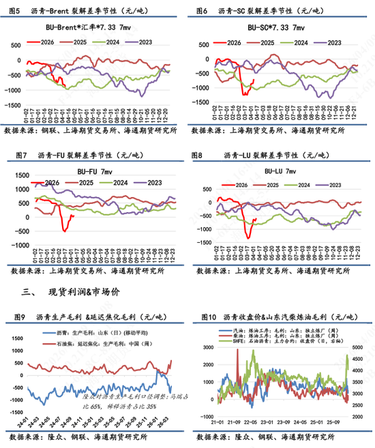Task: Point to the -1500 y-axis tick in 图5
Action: tap(12, 105)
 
